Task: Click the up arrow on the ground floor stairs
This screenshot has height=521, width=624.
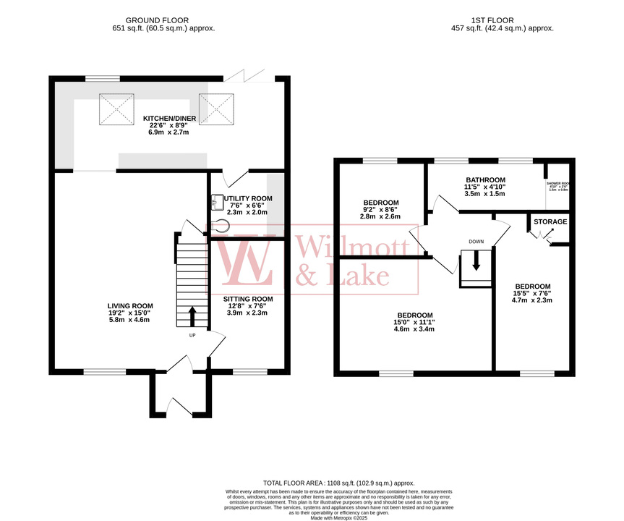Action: tap(192, 316)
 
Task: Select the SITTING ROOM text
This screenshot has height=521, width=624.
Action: tap(248, 299)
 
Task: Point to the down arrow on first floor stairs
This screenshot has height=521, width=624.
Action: tap(475, 261)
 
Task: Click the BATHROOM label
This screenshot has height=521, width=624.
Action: tap(484, 180)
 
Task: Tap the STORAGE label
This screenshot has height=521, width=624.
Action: tap(550, 221)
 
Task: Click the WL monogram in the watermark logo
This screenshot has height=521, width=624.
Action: tap(244, 263)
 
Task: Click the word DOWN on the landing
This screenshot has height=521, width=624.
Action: tap(476, 242)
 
